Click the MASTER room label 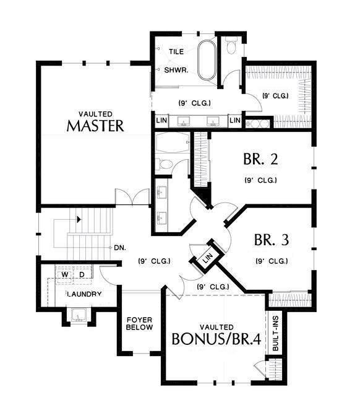95,126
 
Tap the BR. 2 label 260,159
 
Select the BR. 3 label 272,240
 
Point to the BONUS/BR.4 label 216,339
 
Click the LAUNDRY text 84,294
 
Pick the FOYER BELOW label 140,323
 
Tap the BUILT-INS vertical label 276,333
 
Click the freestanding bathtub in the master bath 207,60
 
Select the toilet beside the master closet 231,45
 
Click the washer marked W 64,274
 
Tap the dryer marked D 82,274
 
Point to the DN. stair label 120,248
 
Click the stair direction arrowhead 79,219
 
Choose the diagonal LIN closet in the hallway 208,256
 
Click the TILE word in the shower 176,51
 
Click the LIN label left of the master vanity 161,120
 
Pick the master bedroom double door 132,197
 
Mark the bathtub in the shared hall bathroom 173,142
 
